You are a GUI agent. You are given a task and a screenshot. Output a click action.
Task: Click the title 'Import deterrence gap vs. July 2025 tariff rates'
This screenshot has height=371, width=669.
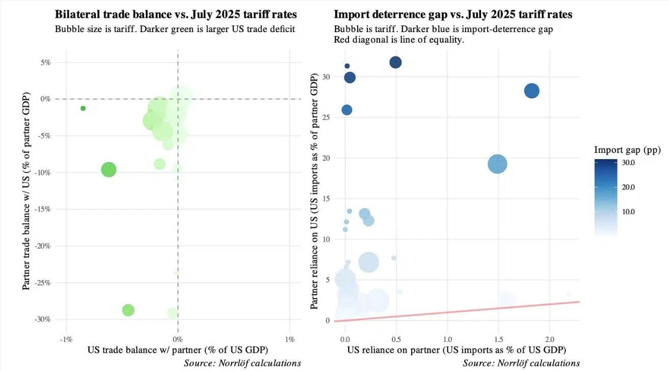453,14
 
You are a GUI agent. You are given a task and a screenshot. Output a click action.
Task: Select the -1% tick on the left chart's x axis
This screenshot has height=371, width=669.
66,339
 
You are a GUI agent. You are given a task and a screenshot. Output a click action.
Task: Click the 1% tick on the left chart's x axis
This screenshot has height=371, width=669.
289,339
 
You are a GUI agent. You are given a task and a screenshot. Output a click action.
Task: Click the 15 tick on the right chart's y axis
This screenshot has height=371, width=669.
326,198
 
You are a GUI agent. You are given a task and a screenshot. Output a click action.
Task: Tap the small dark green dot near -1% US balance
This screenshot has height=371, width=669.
83,108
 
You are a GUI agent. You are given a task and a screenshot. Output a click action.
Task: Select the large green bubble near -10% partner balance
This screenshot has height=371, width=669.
109,169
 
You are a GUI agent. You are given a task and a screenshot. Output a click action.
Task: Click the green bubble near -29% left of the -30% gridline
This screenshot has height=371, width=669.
128,310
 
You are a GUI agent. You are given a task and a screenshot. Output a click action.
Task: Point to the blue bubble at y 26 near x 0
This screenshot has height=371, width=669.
347,110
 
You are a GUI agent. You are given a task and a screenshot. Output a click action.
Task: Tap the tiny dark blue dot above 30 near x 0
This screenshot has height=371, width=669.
347,66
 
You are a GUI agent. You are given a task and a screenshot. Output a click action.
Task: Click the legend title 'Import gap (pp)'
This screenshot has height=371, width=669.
627,150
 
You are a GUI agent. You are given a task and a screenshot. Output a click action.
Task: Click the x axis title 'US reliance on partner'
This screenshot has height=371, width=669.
457,350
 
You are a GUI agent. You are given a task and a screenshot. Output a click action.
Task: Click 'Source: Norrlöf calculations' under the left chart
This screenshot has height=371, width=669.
243,363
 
